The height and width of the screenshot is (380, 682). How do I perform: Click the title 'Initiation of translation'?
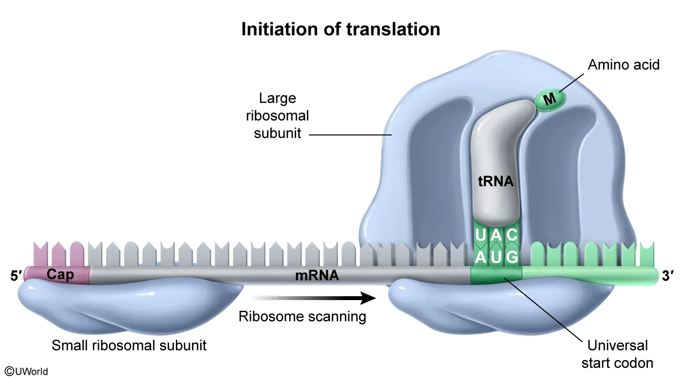click(x=341, y=30)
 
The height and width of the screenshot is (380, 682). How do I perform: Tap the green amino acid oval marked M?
click(x=550, y=100)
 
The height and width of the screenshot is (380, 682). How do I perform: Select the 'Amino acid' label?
click(x=624, y=65)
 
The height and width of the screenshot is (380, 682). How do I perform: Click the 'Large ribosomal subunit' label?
click(x=278, y=115)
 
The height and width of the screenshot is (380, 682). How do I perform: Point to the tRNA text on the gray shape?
click(x=495, y=182)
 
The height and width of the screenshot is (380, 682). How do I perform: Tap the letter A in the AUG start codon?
click(x=480, y=256)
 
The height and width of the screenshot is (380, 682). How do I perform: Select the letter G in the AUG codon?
click(x=511, y=256)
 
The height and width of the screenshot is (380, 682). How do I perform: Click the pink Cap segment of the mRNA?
click(x=60, y=275)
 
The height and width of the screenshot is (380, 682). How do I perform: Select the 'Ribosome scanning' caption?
click(x=302, y=317)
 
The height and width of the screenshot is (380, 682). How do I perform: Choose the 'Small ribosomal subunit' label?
click(x=129, y=345)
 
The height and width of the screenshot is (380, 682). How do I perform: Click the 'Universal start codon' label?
click(x=617, y=354)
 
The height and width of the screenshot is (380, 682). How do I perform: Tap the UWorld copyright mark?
click(x=27, y=371)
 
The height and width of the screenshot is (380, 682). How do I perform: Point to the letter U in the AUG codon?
click(x=496, y=256)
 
